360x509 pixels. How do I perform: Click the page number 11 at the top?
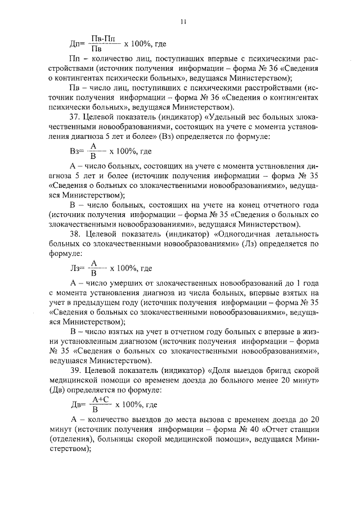click(183, 22)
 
